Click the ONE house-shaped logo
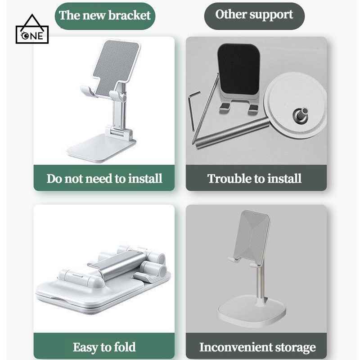(32, 31)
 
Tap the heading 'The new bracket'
(105, 16)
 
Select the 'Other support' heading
(254, 14)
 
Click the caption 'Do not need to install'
(104, 179)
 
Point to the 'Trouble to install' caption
(255, 179)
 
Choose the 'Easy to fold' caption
(104, 347)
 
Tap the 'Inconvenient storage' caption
(257, 347)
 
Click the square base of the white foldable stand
(101, 148)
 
